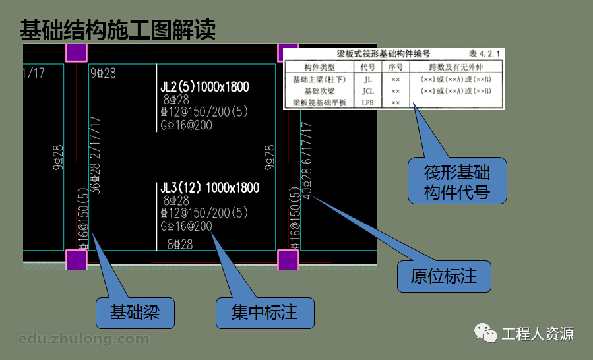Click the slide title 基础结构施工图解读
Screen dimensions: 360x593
coord(117,30)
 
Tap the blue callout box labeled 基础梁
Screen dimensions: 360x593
coord(134,312)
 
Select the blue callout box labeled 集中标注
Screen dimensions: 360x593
coord(265,312)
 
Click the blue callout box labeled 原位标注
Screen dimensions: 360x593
coord(444,276)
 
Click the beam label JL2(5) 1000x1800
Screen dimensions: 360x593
coord(204,87)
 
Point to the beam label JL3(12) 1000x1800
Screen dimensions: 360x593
coord(210,188)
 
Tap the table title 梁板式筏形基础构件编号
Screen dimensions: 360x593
coord(384,54)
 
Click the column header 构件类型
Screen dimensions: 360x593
coord(319,67)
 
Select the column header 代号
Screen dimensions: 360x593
coord(367,67)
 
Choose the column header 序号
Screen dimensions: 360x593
coord(394,67)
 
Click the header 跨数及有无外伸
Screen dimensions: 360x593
coord(456,67)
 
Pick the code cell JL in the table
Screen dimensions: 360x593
coord(367,79)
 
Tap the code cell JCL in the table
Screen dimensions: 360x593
coord(367,91)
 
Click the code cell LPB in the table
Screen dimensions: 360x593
coord(367,103)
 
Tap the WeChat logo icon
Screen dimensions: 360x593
coord(487,333)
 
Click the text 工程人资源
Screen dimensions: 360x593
coord(538,334)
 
